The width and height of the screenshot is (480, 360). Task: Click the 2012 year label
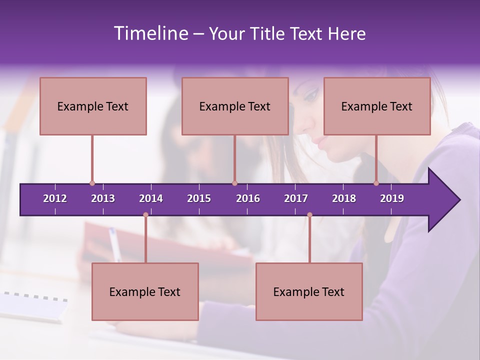55,198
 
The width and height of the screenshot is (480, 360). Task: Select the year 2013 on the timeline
103,198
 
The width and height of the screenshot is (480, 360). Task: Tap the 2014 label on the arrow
151,198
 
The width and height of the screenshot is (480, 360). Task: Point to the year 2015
199,198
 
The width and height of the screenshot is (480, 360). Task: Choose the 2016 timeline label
248,198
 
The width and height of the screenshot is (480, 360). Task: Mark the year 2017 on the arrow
296,198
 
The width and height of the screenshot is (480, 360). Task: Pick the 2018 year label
344,198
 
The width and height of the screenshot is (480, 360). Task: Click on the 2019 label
392,198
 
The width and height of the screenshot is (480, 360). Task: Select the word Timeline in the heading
150,33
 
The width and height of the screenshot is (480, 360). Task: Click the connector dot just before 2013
92,183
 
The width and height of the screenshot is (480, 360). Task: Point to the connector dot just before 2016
234,183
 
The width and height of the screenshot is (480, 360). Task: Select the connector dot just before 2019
376,183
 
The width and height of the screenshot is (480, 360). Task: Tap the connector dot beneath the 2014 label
145,215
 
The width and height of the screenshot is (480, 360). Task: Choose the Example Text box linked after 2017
309,291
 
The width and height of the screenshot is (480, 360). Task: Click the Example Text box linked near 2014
145,291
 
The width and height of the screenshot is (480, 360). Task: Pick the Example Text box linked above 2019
377,106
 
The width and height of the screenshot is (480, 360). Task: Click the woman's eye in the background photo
311,94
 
